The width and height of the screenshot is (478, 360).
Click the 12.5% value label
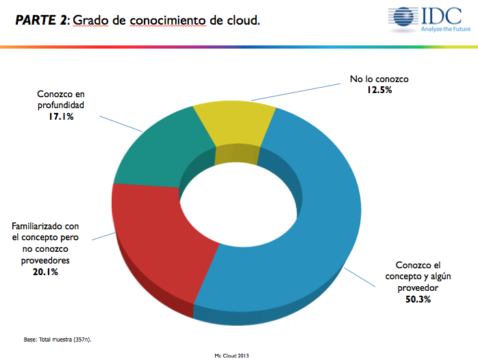tap(379, 90)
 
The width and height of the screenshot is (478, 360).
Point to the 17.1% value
tap(61, 117)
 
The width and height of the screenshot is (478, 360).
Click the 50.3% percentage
tap(418, 300)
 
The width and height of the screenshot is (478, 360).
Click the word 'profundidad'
tap(61, 106)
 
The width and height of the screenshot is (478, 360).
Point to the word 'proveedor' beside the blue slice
tap(418, 288)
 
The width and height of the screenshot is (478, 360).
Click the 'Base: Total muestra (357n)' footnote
tap(58, 338)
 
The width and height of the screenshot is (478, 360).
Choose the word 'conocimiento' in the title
tap(162, 21)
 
